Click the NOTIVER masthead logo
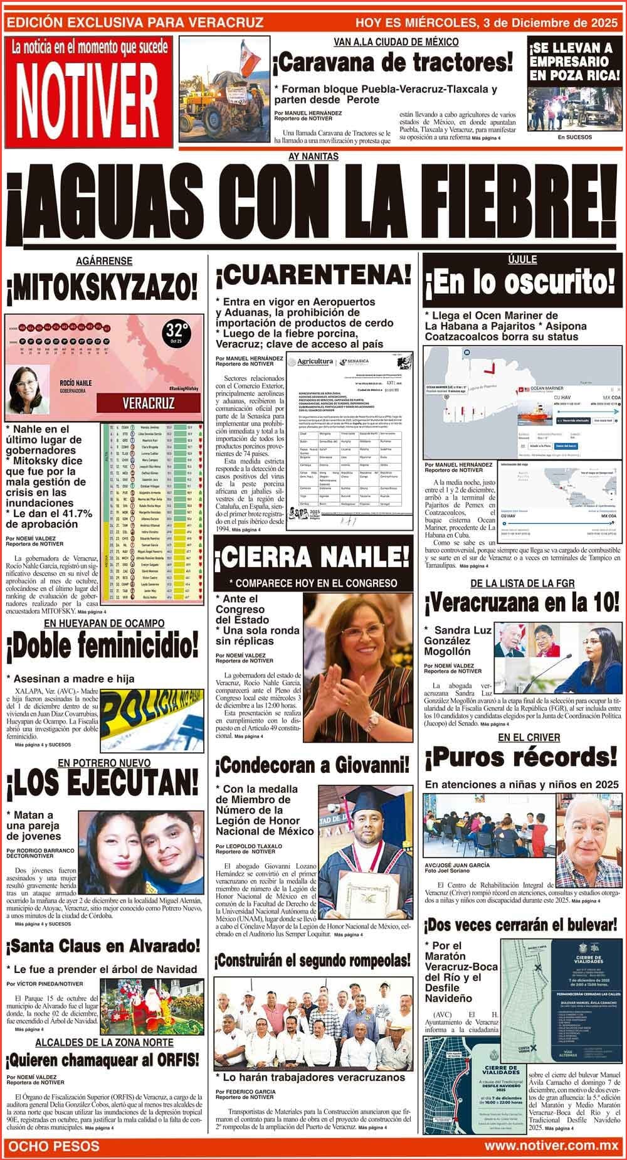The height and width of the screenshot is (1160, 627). click(86, 93)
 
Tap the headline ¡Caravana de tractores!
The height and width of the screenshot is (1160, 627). click(393, 63)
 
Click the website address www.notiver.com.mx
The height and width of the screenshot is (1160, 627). click(551, 1146)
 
